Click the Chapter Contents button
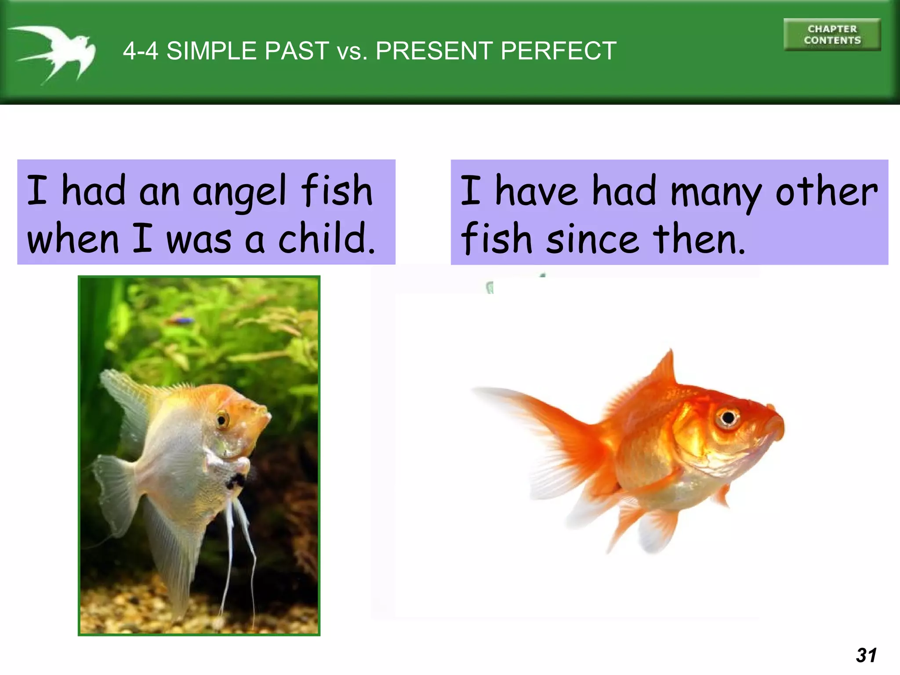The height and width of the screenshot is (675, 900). [832, 35]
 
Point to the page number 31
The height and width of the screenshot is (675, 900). [866, 655]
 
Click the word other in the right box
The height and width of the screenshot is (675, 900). [826, 192]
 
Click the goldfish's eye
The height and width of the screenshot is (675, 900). [728, 417]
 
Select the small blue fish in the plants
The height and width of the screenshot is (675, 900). [182, 320]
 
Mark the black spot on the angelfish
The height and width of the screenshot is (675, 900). [235, 481]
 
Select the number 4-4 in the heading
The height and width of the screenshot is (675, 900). [140, 51]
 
